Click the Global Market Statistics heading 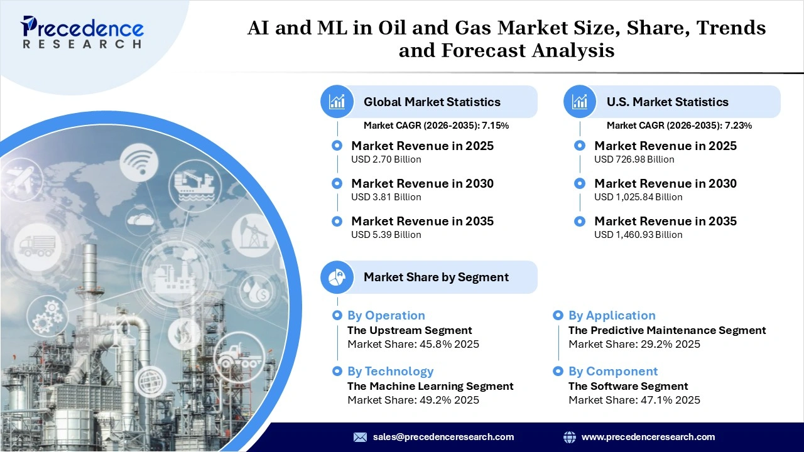tap(432, 102)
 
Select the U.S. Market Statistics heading tap(667, 102)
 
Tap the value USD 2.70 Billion tap(386, 159)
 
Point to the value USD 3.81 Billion tap(386, 197)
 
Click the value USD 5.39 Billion tap(386, 235)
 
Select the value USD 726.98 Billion tap(634, 159)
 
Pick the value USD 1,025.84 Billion tap(638, 197)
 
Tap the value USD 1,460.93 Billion tap(638, 235)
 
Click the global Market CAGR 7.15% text tap(436, 126)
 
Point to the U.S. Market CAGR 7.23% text tap(679, 126)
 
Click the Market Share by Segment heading tap(436, 277)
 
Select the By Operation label tap(386, 316)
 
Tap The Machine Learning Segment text tap(430, 386)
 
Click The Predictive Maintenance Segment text tap(666, 330)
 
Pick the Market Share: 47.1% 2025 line tap(634, 400)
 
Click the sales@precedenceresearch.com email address tap(443, 437)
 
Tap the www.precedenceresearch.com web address tap(648, 437)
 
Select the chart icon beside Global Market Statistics tap(337, 102)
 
